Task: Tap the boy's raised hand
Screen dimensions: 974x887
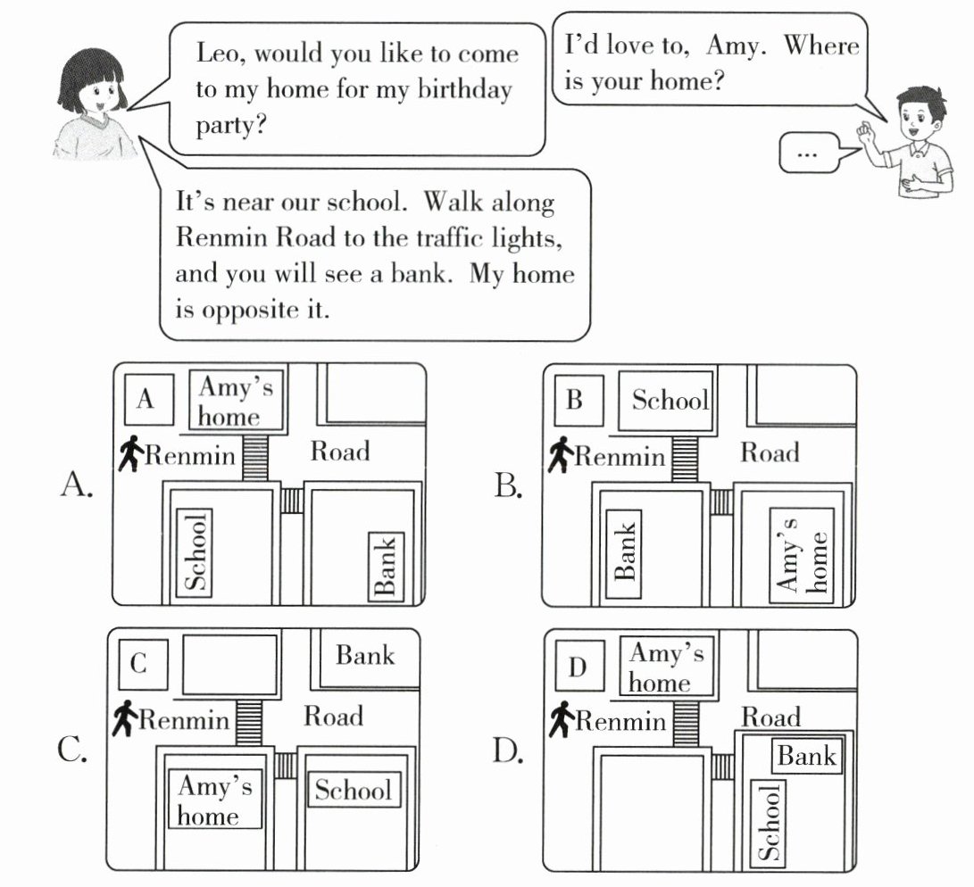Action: pyautogui.click(x=864, y=135)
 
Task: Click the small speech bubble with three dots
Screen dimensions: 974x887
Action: pyautogui.click(x=809, y=153)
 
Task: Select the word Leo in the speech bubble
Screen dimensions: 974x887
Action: pyautogui.click(x=221, y=54)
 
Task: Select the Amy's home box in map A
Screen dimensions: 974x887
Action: pyautogui.click(x=237, y=400)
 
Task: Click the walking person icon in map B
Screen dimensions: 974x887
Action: pyautogui.click(x=560, y=455)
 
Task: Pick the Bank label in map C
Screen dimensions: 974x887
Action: pyautogui.click(x=365, y=656)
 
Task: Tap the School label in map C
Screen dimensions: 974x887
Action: pyautogui.click(x=353, y=790)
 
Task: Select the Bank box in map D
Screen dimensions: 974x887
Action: pyautogui.click(x=806, y=757)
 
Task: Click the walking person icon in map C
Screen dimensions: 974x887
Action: pyautogui.click(x=125, y=718)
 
